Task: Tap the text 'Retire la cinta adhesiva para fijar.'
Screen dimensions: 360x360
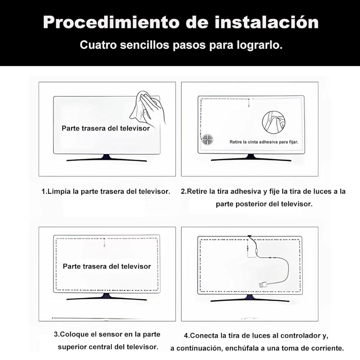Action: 264,142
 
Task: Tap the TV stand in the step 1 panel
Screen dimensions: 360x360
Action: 107,158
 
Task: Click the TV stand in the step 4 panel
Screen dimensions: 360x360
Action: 250,298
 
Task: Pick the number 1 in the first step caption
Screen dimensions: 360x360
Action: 43,192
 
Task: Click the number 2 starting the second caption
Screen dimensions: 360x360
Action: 183,192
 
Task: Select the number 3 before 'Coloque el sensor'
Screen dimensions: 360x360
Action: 56,334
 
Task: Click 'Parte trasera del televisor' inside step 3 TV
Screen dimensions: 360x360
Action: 107,266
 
